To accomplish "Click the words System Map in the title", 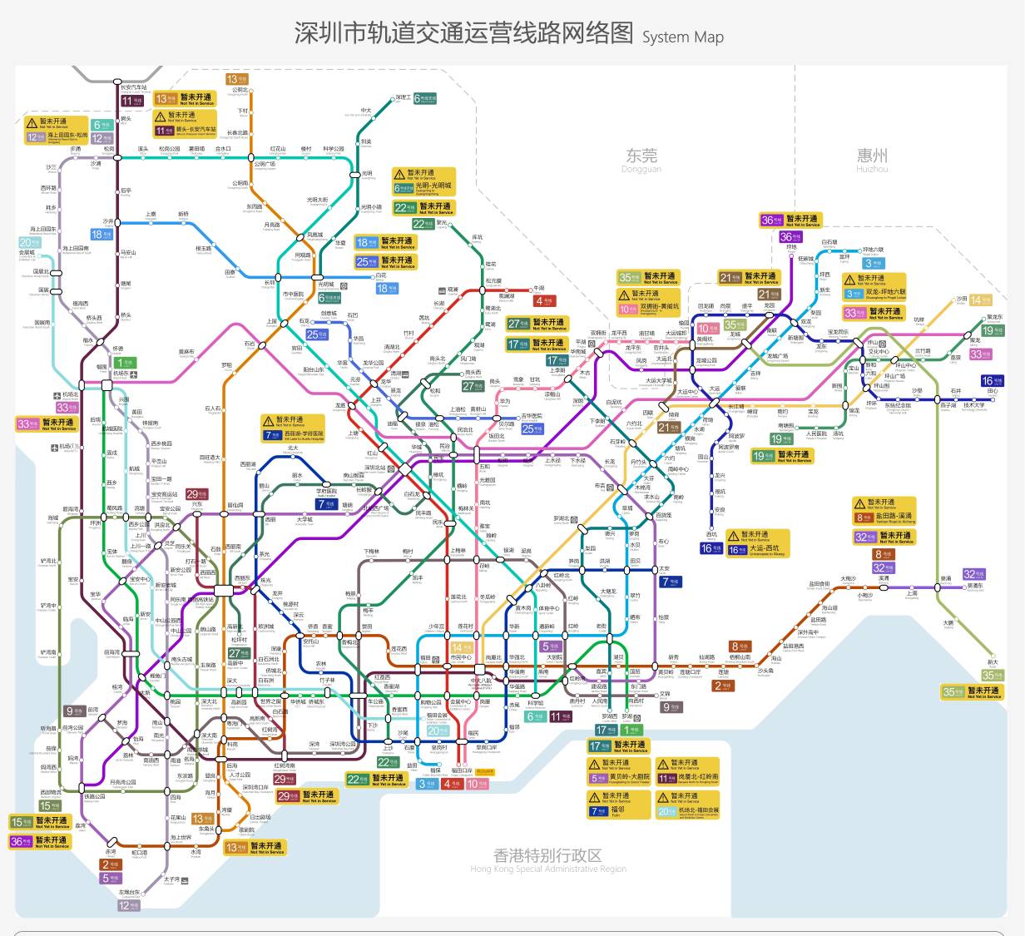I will pos(682,37).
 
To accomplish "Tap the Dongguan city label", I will pos(641,156).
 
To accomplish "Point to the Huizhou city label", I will pos(872,156).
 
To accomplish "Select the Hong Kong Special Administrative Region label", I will pos(547,859).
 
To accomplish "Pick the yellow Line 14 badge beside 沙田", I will pos(981,300).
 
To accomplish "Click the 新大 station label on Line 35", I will pos(993,662).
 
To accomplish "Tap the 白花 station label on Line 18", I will pos(381,275).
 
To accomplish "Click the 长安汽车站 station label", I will pos(133,87).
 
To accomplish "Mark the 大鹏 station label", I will pos(948,622).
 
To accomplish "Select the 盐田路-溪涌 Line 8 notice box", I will pos(884,511).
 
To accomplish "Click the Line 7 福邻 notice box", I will pos(618,804).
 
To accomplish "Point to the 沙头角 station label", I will pos(765,671).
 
